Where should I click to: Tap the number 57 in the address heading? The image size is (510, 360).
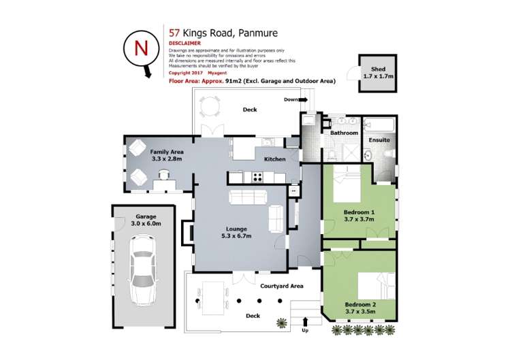[174, 32]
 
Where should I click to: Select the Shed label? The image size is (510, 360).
[378, 69]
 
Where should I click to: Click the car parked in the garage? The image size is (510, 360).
[143, 269]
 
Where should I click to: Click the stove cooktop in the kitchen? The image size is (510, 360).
[258, 177]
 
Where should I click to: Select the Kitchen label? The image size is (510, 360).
[274, 159]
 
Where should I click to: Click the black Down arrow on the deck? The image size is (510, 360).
[304, 99]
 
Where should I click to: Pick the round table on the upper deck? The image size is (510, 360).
[211, 105]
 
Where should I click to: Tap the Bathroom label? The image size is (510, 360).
[345, 133]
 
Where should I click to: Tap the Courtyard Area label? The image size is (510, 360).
[282, 286]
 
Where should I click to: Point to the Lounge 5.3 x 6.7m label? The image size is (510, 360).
[236, 232]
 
